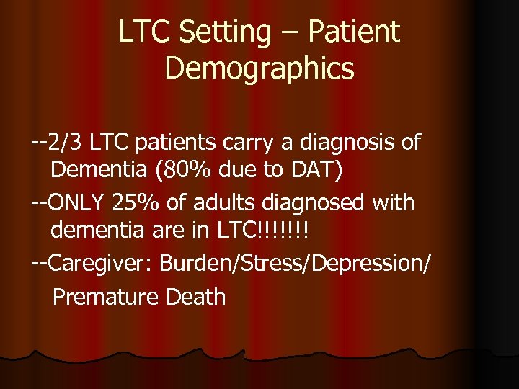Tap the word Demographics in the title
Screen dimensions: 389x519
coord(259,69)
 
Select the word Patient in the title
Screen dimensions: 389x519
coord(355,32)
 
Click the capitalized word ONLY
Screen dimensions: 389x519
coord(79,203)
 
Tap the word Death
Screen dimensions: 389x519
coord(196,296)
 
